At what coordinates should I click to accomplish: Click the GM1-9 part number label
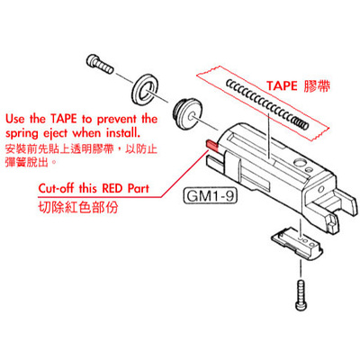click(210, 196)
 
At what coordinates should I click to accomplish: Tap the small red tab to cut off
click(212, 145)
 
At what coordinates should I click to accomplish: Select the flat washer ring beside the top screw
click(146, 88)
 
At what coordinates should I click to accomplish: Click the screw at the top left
click(100, 64)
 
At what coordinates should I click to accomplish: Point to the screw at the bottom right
click(301, 295)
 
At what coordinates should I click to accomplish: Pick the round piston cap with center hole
click(187, 114)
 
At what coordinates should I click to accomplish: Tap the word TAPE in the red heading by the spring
click(282, 86)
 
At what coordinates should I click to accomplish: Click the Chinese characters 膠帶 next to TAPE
click(317, 86)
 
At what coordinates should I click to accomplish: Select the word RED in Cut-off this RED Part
click(112, 188)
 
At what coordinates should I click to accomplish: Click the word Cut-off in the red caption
click(57, 188)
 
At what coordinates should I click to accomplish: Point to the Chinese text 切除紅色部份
click(78, 207)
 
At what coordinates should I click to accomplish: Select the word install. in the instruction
click(123, 132)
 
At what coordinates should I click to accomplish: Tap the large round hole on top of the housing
click(299, 163)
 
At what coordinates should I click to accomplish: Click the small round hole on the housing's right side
click(321, 189)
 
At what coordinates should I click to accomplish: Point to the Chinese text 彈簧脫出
click(28, 162)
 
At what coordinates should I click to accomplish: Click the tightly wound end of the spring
click(300, 122)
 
